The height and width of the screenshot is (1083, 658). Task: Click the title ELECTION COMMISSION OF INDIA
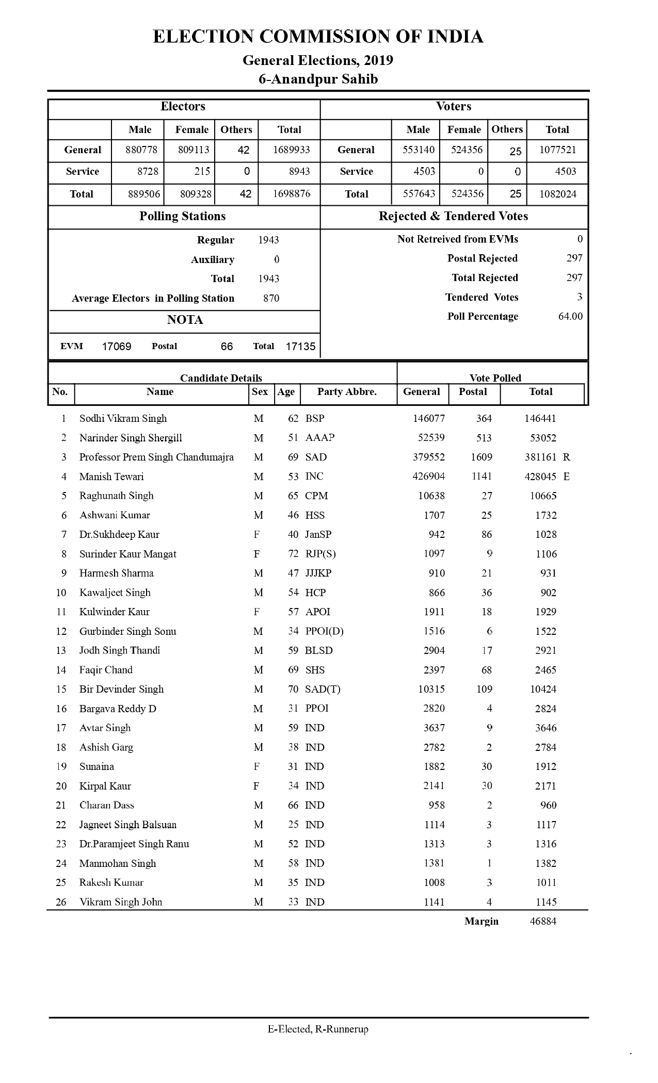pos(318,37)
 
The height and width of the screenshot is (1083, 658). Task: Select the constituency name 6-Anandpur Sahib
pos(318,79)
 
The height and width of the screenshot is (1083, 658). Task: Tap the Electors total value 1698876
pos(292,194)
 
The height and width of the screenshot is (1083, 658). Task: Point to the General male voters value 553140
pos(419,150)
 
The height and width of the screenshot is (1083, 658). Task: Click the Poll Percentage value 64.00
pos(570,317)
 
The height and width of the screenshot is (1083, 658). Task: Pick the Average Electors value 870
pos(271,298)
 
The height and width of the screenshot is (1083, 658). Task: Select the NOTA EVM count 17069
pos(117,347)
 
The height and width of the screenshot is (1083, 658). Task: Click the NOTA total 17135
pos(300,347)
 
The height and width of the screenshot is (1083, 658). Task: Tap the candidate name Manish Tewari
pos(111,477)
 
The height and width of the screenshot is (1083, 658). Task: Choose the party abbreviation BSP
pos(315,418)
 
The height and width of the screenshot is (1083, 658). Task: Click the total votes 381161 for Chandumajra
pos(540,457)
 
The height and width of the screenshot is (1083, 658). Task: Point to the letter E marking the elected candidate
pos(567,477)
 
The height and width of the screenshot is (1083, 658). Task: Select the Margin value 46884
pos(543,921)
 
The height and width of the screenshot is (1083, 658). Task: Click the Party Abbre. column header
pos(347,392)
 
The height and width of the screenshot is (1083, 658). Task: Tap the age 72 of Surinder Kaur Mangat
pos(293,554)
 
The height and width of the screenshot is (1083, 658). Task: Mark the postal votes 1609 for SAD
pos(482,457)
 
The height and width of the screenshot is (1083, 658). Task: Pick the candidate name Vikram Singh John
pos(121,902)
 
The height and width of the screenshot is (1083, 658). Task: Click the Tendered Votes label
pos(482,298)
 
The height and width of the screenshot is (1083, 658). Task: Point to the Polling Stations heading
pos(183,217)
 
